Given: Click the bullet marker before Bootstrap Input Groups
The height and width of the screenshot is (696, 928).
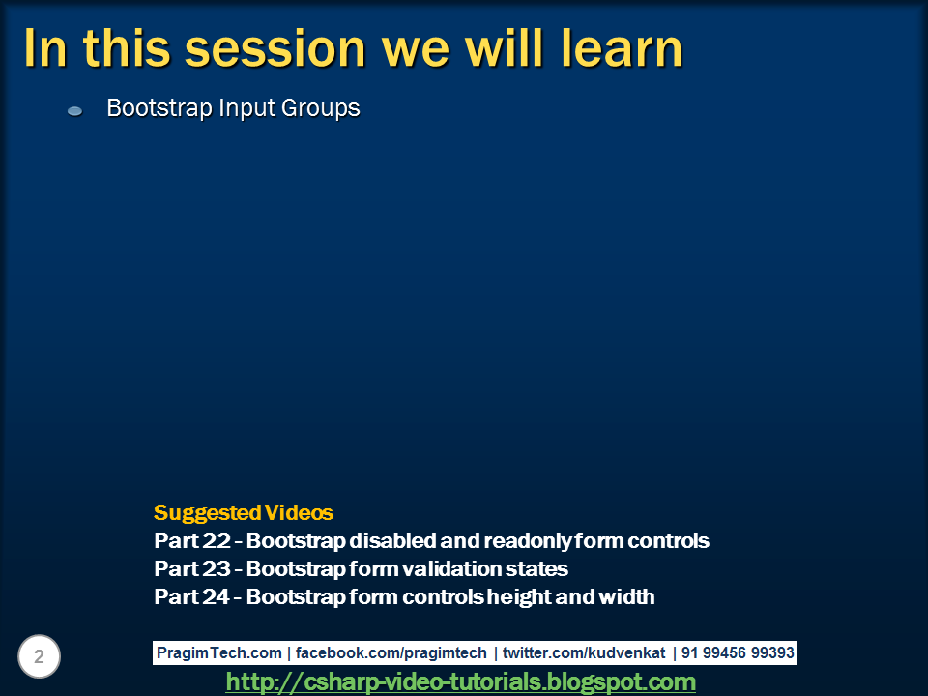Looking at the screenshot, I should point(74,111).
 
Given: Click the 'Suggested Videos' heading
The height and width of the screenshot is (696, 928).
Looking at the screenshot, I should point(243,513).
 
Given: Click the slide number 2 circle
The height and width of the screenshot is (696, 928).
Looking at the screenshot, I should point(39,657).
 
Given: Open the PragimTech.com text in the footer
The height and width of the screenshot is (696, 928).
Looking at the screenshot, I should point(219,653).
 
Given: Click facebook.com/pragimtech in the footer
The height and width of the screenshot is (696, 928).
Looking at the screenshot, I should point(391,653).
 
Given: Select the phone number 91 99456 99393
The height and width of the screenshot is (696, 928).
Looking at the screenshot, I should point(738,653).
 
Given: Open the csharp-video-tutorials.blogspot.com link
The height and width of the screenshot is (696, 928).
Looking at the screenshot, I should point(461,682).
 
